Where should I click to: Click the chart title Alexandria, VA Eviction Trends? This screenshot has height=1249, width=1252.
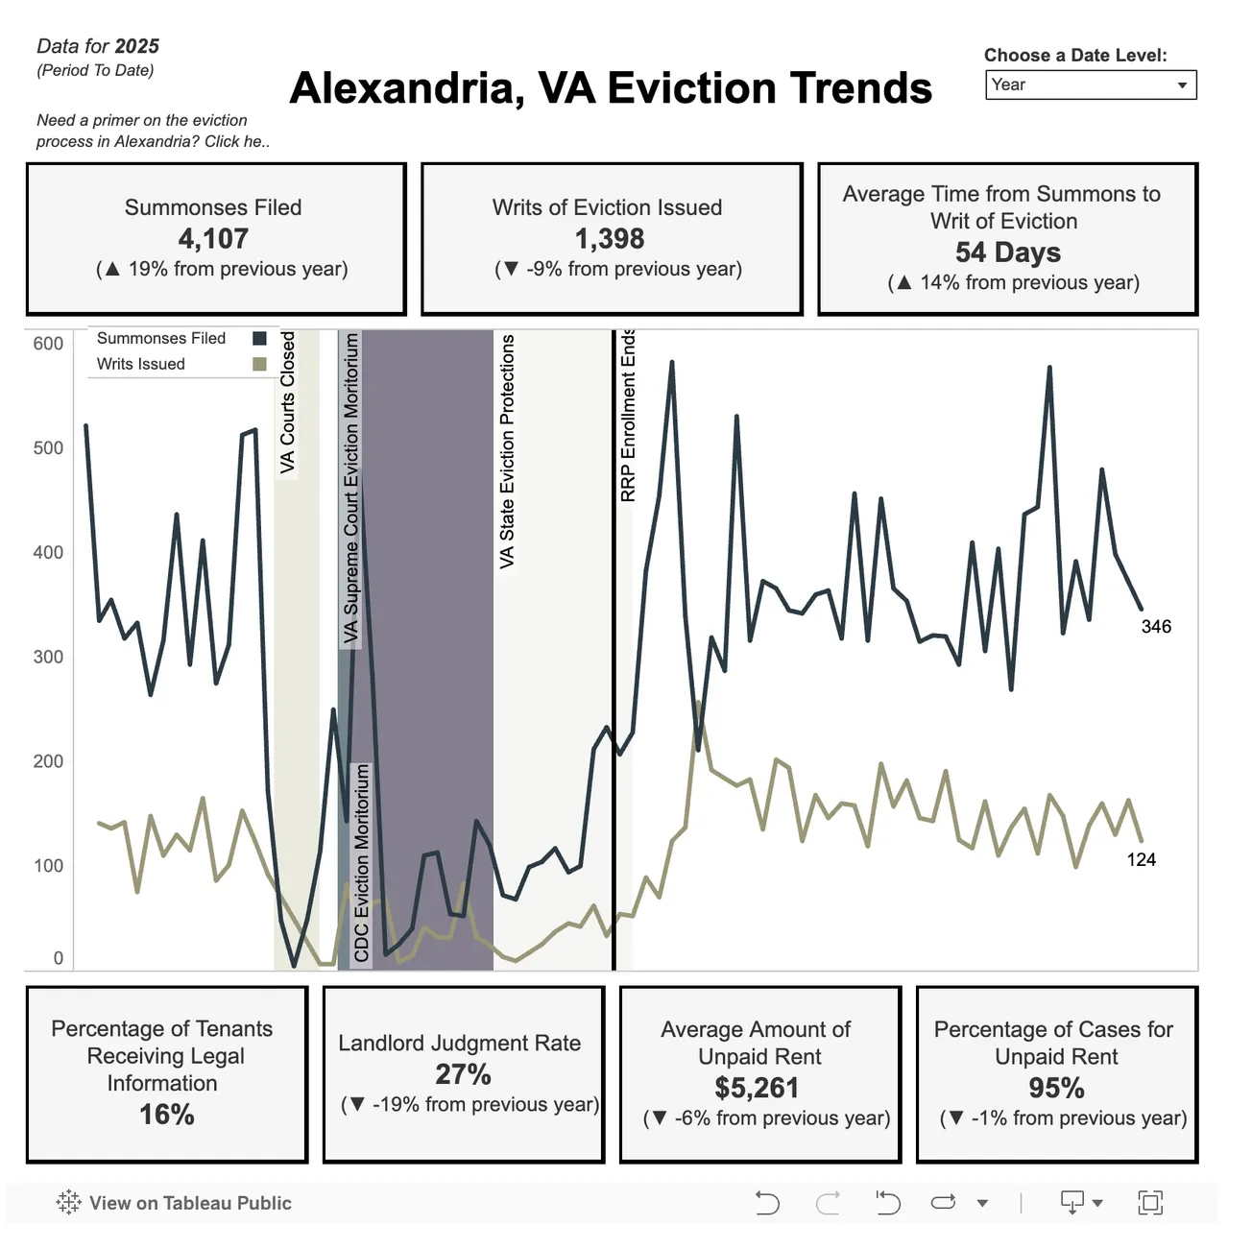tap(611, 88)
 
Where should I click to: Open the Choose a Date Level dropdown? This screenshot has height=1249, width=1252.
tap(1090, 85)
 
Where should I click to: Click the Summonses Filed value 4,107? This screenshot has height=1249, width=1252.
tap(213, 239)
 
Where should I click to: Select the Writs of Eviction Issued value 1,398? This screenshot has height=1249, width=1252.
tap(610, 239)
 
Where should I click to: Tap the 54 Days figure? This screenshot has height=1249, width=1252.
tap(1007, 252)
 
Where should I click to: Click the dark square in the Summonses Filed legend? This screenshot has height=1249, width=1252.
tap(259, 338)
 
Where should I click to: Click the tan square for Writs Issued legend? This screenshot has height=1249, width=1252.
tap(259, 364)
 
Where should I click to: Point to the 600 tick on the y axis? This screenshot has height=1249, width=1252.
tap(48, 344)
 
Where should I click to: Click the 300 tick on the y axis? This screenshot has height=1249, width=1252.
tap(48, 657)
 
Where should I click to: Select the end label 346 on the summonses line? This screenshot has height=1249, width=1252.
tap(1156, 627)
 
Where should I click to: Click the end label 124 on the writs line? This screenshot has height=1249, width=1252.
tap(1141, 860)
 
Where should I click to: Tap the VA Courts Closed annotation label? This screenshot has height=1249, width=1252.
tap(288, 402)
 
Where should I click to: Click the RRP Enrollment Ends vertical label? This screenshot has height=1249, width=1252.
tap(628, 415)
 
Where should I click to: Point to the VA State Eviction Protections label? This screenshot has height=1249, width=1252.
tap(507, 451)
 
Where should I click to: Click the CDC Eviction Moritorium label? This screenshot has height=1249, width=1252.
tap(361, 862)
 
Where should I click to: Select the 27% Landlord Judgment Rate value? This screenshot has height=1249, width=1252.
tap(463, 1074)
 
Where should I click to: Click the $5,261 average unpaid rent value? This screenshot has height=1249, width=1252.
tap(757, 1088)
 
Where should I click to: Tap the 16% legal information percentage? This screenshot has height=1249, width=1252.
tap(167, 1115)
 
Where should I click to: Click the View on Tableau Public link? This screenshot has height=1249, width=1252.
tap(190, 1203)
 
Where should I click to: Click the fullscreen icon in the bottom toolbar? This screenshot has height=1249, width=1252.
tap(1149, 1202)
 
